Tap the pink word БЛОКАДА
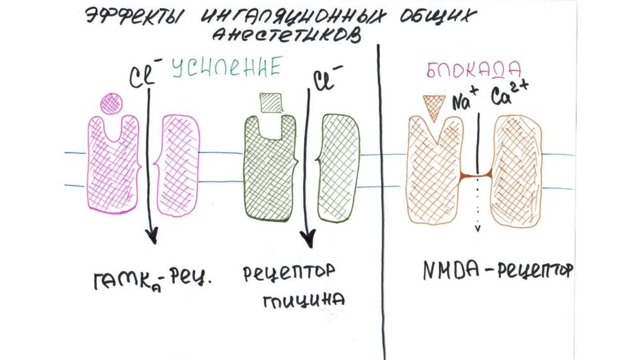465,70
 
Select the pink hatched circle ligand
113,102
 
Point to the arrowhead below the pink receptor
151,238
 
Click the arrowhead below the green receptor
307,239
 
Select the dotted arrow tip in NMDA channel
478,228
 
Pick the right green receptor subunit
339,167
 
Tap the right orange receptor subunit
517,171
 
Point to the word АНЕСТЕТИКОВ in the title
287,34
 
